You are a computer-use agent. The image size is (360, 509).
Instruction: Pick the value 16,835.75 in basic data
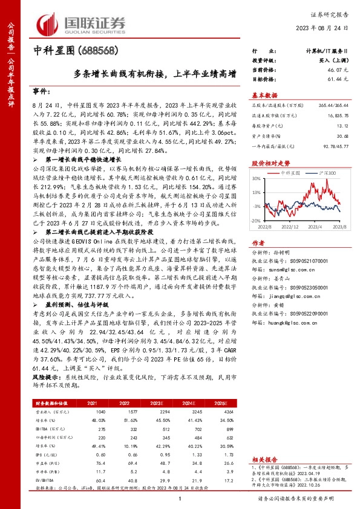point(336,114)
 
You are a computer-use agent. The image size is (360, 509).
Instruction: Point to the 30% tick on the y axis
point(257,179)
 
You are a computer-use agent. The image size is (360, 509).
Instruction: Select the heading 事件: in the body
point(40,91)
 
